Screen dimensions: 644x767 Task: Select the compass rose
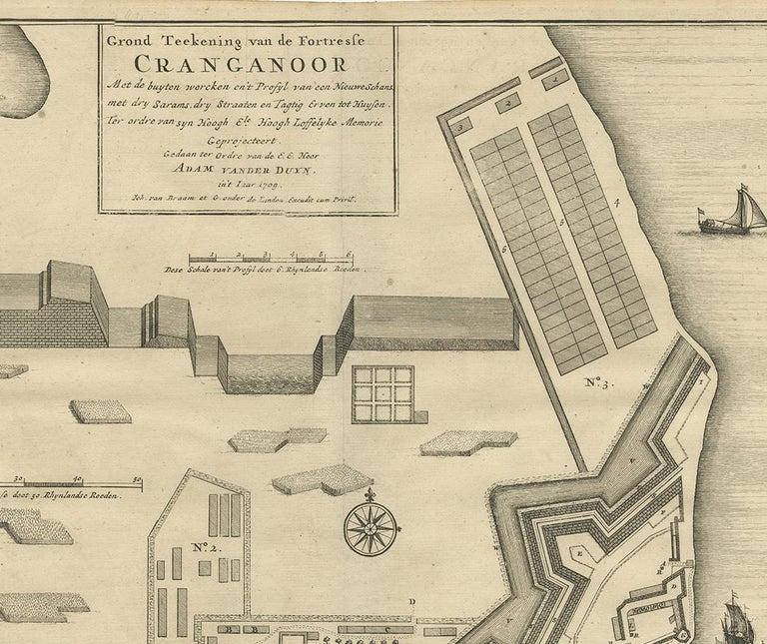(x=371, y=527)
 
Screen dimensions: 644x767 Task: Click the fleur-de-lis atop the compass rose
(x=371, y=494)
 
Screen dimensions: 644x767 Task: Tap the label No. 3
(x=595, y=380)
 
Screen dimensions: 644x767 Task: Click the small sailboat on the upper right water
(x=736, y=213)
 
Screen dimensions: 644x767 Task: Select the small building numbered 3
(x=462, y=126)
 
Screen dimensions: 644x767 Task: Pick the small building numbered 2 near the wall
(x=508, y=101)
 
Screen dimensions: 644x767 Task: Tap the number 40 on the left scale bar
(x=77, y=480)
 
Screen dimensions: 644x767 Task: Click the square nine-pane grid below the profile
(x=383, y=393)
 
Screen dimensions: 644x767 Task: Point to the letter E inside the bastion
(x=578, y=551)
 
